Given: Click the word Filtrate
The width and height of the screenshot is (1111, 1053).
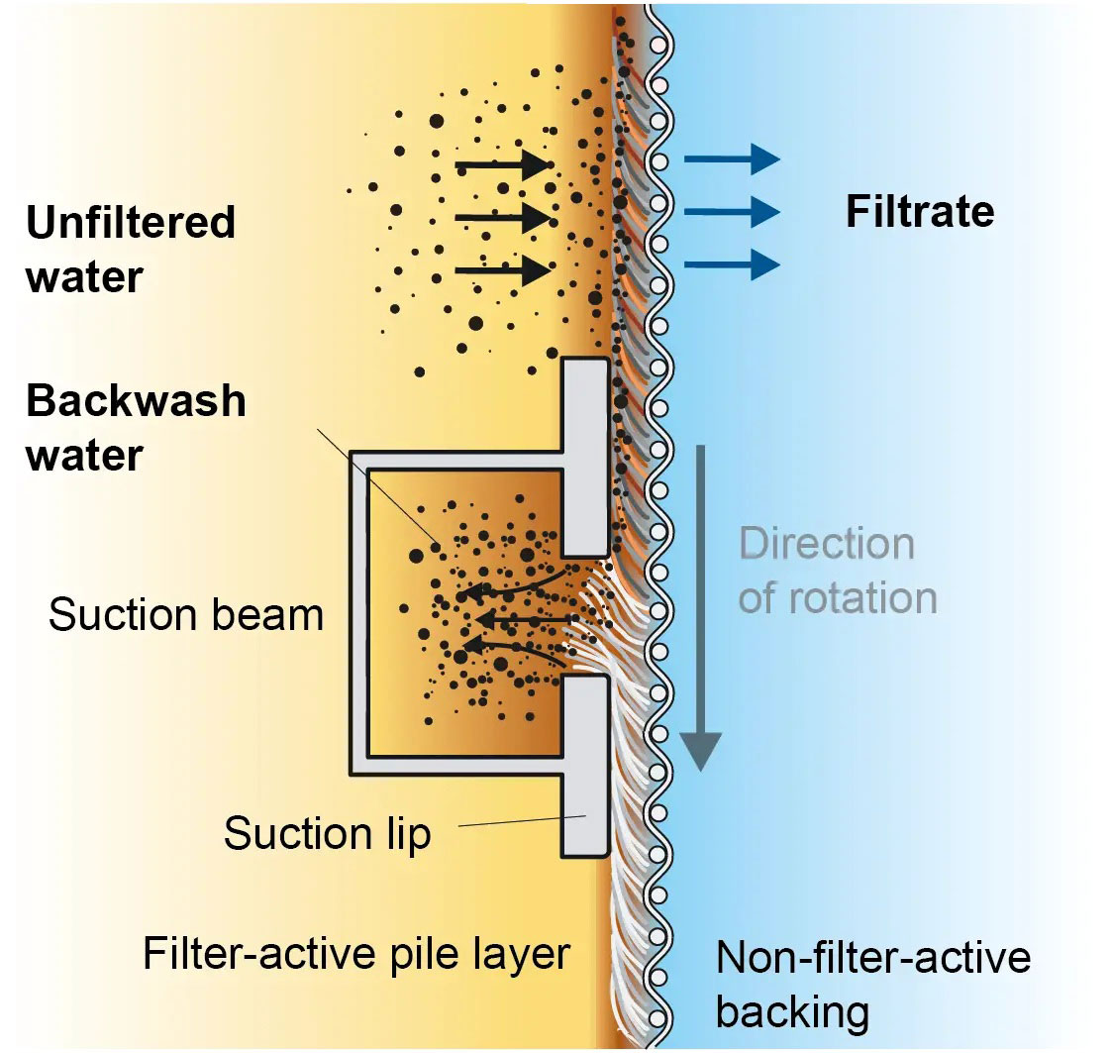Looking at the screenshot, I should click(919, 213).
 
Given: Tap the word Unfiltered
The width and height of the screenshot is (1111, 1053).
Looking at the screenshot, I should click(131, 223).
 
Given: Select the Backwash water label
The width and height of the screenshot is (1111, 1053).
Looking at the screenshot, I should click(136, 428).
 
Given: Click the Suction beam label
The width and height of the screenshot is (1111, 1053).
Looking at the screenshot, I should click(186, 615).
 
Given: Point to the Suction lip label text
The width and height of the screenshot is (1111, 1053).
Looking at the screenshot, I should click(327, 833).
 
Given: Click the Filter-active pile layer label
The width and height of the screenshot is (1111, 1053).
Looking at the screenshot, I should click(356, 954).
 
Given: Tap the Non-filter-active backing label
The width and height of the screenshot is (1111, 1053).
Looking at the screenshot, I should click(871, 985).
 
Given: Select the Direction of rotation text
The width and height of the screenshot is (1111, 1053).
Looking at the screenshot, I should click(837, 572).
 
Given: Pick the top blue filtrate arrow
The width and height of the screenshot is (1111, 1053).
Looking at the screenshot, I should click(732, 158).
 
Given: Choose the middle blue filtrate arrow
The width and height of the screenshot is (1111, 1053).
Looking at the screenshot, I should click(732, 211).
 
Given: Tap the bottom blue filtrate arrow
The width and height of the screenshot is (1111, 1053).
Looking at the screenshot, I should click(732, 263).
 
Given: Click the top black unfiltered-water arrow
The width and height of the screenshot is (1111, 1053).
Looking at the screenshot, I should click(503, 164).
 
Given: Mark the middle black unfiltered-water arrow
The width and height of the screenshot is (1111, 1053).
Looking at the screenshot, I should click(503, 216).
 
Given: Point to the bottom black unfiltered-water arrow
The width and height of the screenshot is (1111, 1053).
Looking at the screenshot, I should click(503, 268).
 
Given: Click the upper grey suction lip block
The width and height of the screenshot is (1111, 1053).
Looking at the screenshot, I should click(584, 456).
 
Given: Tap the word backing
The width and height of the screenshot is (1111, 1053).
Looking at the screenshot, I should click(792, 1012).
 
